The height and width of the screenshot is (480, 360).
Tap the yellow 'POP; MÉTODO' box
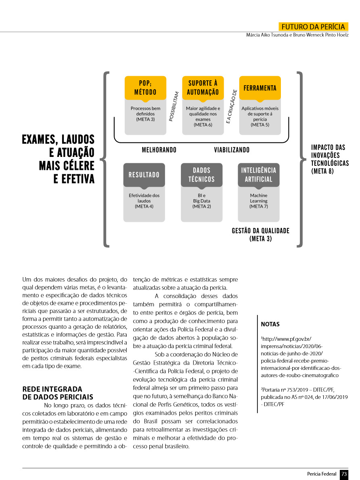point(145,88)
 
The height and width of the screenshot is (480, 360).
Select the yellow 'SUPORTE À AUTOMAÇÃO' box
point(203,88)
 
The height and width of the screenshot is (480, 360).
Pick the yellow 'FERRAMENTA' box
point(260,88)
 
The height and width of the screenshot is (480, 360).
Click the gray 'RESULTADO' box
point(144,175)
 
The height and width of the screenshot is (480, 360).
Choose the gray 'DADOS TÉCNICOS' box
point(201,175)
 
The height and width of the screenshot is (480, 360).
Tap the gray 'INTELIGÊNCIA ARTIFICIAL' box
point(258,175)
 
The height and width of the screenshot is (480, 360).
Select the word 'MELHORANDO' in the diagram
point(159,150)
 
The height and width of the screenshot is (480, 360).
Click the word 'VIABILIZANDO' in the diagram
point(232,150)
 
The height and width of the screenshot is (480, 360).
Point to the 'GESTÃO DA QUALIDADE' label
point(260,231)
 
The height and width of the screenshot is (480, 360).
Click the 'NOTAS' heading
point(270,324)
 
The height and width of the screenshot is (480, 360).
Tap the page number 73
point(344,474)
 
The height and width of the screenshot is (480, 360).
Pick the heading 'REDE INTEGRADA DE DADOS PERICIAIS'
point(58,393)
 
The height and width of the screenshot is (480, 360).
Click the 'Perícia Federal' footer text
point(322,474)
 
